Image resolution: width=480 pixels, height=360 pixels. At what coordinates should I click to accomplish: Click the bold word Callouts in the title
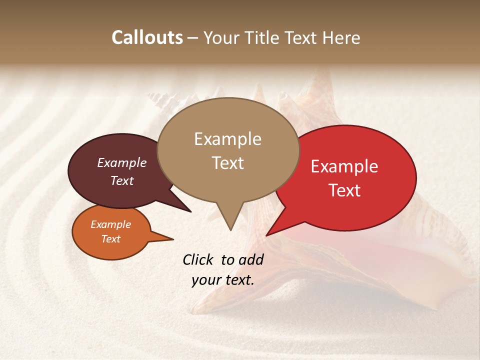click(x=147, y=37)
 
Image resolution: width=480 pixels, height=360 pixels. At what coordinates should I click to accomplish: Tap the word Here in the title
click(x=342, y=37)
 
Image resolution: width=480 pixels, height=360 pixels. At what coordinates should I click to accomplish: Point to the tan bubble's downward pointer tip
click(x=230, y=230)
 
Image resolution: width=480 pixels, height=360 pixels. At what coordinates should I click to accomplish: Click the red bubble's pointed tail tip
click(x=266, y=235)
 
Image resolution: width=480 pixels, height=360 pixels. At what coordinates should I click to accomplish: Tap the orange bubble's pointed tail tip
click(x=173, y=239)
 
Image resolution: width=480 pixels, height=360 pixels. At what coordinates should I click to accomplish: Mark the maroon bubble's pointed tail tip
click(x=190, y=211)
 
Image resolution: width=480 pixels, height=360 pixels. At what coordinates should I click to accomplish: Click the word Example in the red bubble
click(x=344, y=166)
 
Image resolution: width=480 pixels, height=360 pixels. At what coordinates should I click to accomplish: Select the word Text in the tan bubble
click(x=228, y=163)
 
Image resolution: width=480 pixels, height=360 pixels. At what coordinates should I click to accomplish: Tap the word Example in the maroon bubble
click(x=121, y=162)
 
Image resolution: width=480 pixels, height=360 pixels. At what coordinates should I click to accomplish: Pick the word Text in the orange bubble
click(x=110, y=239)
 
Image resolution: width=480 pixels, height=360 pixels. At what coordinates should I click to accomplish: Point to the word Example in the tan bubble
click(x=228, y=139)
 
